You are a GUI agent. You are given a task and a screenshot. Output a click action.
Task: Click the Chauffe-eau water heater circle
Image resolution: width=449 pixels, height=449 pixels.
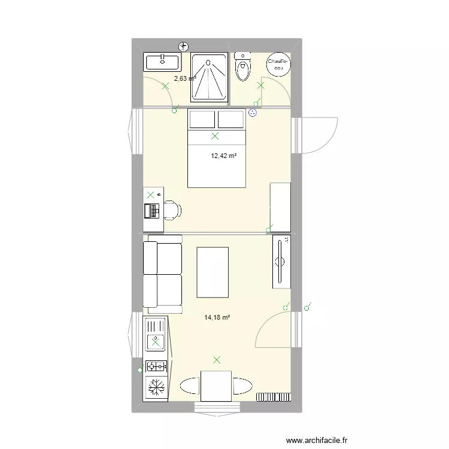point(278,64)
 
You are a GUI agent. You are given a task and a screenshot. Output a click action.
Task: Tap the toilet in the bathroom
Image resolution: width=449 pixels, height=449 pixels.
point(242,66)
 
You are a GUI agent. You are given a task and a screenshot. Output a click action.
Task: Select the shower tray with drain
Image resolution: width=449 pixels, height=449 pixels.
point(209,77)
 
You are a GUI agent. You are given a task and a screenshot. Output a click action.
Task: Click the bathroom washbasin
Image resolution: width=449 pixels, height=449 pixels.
point(162,62)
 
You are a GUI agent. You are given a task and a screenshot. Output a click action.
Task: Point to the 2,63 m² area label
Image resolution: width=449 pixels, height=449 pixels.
point(185,78)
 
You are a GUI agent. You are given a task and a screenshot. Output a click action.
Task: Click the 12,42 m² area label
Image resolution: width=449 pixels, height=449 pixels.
point(224,156)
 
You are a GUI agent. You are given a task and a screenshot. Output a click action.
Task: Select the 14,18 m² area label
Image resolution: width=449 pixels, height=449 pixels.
point(217,317)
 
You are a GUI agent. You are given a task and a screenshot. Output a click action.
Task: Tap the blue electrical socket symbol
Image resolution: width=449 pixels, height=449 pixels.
point(252,113)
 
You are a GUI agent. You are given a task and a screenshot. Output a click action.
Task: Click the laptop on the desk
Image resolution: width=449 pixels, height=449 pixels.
point(152,211)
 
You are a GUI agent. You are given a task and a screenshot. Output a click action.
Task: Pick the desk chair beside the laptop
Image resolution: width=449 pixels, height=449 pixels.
point(172,211)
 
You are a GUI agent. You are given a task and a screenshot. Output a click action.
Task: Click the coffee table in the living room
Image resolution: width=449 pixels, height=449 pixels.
point(213,272)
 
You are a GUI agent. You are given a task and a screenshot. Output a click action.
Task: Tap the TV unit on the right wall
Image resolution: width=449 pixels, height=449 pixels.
point(281,262)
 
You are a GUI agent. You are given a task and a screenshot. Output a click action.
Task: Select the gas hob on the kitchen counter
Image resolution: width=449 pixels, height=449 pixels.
point(156,366)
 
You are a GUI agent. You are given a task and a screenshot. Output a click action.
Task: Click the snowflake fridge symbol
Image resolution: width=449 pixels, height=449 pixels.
point(156,387)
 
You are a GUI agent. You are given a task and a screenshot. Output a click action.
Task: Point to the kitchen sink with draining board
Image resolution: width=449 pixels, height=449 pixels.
point(156,335)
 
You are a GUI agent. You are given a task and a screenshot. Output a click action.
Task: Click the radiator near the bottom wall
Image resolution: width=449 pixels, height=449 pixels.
point(274,397)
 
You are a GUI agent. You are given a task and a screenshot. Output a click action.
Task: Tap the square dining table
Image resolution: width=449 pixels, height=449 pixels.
point(216,386)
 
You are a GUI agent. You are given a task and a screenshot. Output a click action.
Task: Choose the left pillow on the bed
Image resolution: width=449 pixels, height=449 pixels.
point(202,119)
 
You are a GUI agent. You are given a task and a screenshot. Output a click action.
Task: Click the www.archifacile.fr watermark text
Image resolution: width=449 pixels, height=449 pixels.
point(317,440)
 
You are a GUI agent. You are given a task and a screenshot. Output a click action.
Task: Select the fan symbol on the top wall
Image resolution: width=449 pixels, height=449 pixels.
point(184,46)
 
